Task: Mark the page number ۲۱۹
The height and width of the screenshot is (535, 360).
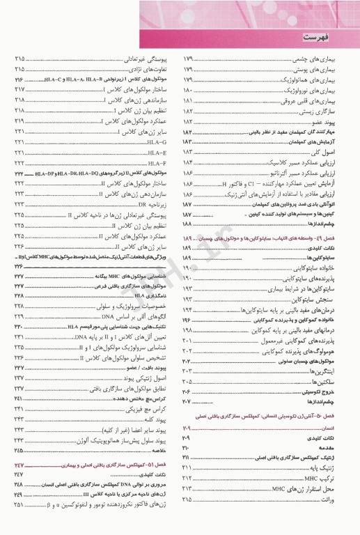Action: (x=17, y=121)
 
